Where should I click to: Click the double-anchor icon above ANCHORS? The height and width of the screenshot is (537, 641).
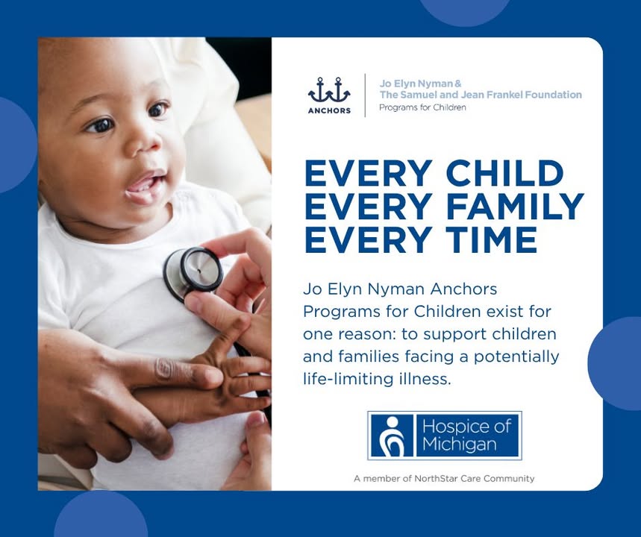coord(329,90)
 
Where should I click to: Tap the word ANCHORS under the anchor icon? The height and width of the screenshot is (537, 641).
coord(330,110)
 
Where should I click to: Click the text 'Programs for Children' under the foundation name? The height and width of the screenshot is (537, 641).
coord(422,108)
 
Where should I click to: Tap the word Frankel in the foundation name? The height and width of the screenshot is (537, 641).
coord(506,95)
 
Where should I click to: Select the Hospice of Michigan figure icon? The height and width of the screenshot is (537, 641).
coord(392,436)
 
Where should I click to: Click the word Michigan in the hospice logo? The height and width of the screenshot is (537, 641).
coord(460,445)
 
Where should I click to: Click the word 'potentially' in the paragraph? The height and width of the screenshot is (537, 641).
coord(516,357)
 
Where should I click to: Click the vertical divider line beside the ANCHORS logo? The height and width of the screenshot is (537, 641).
coord(365,95)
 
